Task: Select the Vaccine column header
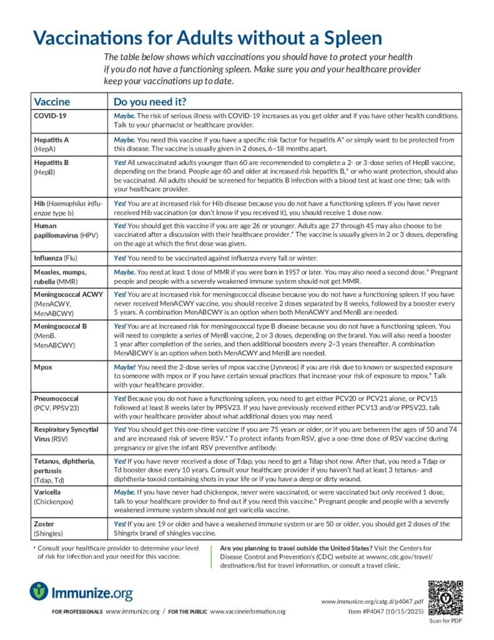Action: (x=52, y=102)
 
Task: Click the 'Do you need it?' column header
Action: (x=149, y=102)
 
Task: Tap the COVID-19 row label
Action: (x=50, y=116)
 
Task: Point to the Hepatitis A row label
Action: (x=51, y=139)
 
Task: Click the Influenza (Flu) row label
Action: (x=59, y=257)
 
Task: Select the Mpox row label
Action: (x=44, y=367)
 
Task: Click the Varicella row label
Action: (x=49, y=492)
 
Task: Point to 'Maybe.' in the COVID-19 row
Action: (x=125, y=116)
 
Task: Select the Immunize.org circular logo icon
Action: (x=39, y=591)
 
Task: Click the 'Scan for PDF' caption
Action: (x=445, y=622)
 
